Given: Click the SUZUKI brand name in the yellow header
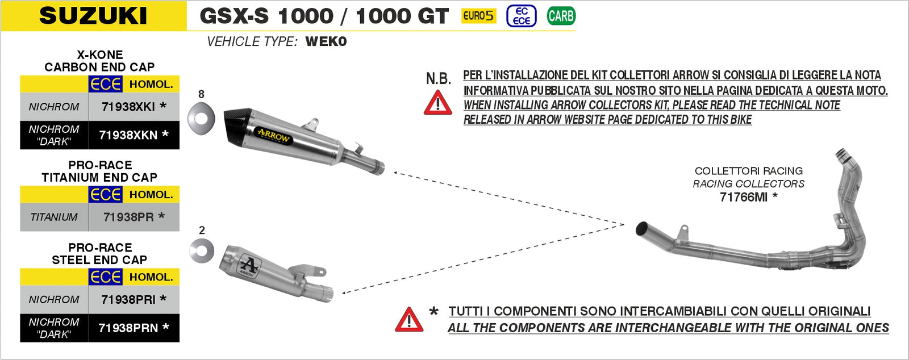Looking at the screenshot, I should (x=93, y=16).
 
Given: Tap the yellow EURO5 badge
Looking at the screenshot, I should (x=478, y=16).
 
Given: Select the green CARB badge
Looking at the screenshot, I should (x=561, y=16).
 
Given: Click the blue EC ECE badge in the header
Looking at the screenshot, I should (x=521, y=16).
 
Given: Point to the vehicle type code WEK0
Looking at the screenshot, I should (x=326, y=41).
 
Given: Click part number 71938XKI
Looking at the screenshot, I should (x=128, y=107).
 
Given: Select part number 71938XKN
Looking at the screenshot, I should (x=128, y=135).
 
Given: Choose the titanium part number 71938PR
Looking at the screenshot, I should (x=128, y=217).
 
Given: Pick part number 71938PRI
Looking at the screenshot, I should (x=128, y=299).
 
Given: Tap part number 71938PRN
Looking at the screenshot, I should (x=128, y=328).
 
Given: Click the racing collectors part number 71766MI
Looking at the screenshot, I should (x=744, y=197).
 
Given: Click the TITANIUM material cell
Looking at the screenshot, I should (x=54, y=217).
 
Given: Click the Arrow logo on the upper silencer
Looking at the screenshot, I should (x=274, y=136).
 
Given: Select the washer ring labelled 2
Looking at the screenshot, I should (x=202, y=250).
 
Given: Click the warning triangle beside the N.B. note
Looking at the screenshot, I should (x=438, y=103).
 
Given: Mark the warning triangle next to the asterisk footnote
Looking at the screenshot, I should (x=409, y=320).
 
